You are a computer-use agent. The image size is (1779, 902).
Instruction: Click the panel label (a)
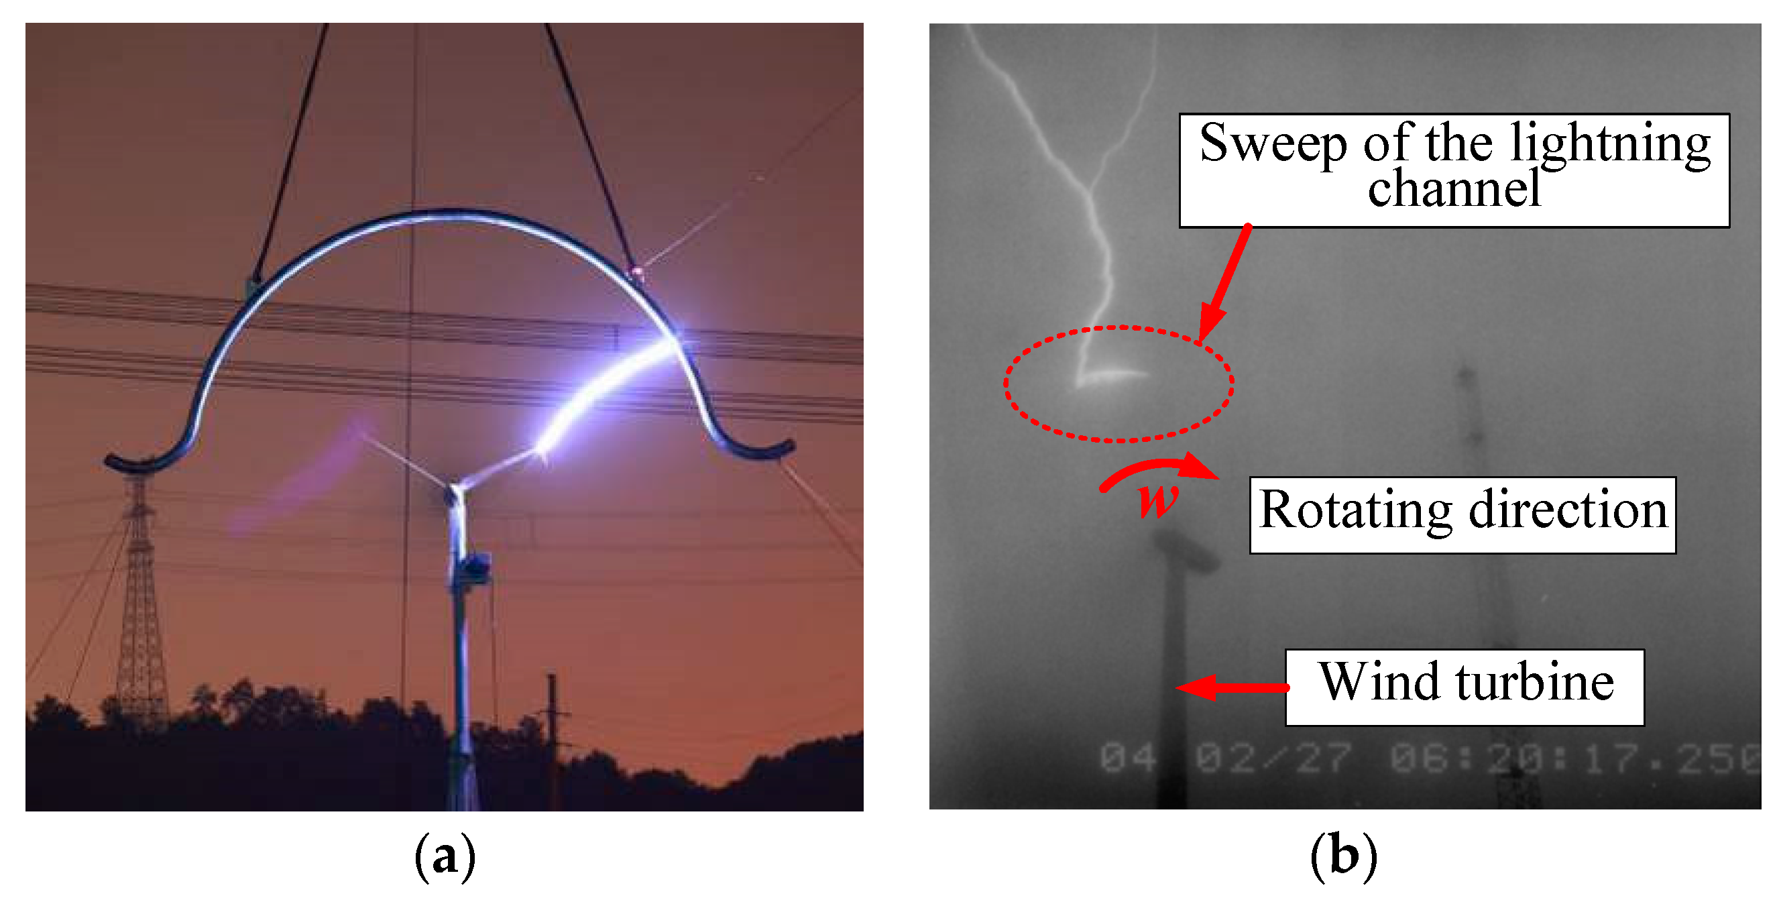point(445,857)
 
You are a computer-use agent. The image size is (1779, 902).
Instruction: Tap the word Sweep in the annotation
point(1272,144)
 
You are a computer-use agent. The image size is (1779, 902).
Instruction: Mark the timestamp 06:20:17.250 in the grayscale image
point(1574,758)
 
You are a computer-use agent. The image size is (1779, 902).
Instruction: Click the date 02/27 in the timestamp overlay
point(1273,758)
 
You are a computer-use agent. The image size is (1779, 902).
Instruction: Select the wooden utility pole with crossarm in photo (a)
point(553,732)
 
